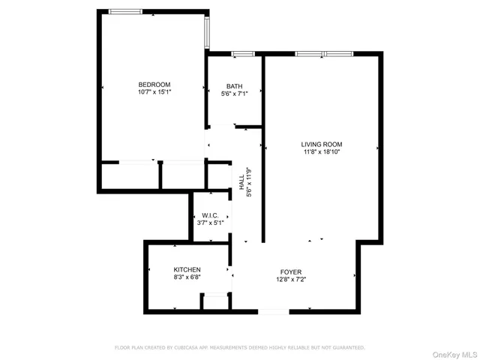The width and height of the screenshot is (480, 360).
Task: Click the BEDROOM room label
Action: [154, 84]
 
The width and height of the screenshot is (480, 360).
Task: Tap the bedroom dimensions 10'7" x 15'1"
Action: [154, 93]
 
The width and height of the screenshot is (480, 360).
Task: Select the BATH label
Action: [234, 85]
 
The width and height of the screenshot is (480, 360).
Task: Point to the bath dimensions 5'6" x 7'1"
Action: [234, 94]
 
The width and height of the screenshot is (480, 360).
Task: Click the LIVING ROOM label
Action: [322, 144]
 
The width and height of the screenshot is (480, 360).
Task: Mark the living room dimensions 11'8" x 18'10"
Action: [322, 152]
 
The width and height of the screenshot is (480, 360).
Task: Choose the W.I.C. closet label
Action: [210, 215]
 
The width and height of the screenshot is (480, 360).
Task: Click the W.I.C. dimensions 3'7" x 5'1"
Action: [210, 223]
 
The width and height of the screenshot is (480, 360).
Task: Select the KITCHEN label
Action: [187, 269]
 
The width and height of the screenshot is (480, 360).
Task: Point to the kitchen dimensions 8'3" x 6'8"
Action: [187, 277]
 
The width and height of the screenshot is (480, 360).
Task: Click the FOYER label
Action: [291, 271]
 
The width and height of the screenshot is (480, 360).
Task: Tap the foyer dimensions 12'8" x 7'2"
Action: [291, 280]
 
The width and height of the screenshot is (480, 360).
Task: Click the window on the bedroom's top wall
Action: [126, 11]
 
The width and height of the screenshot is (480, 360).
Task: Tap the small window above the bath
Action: [242, 53]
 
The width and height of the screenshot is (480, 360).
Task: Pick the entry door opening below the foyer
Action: [274, 310]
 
